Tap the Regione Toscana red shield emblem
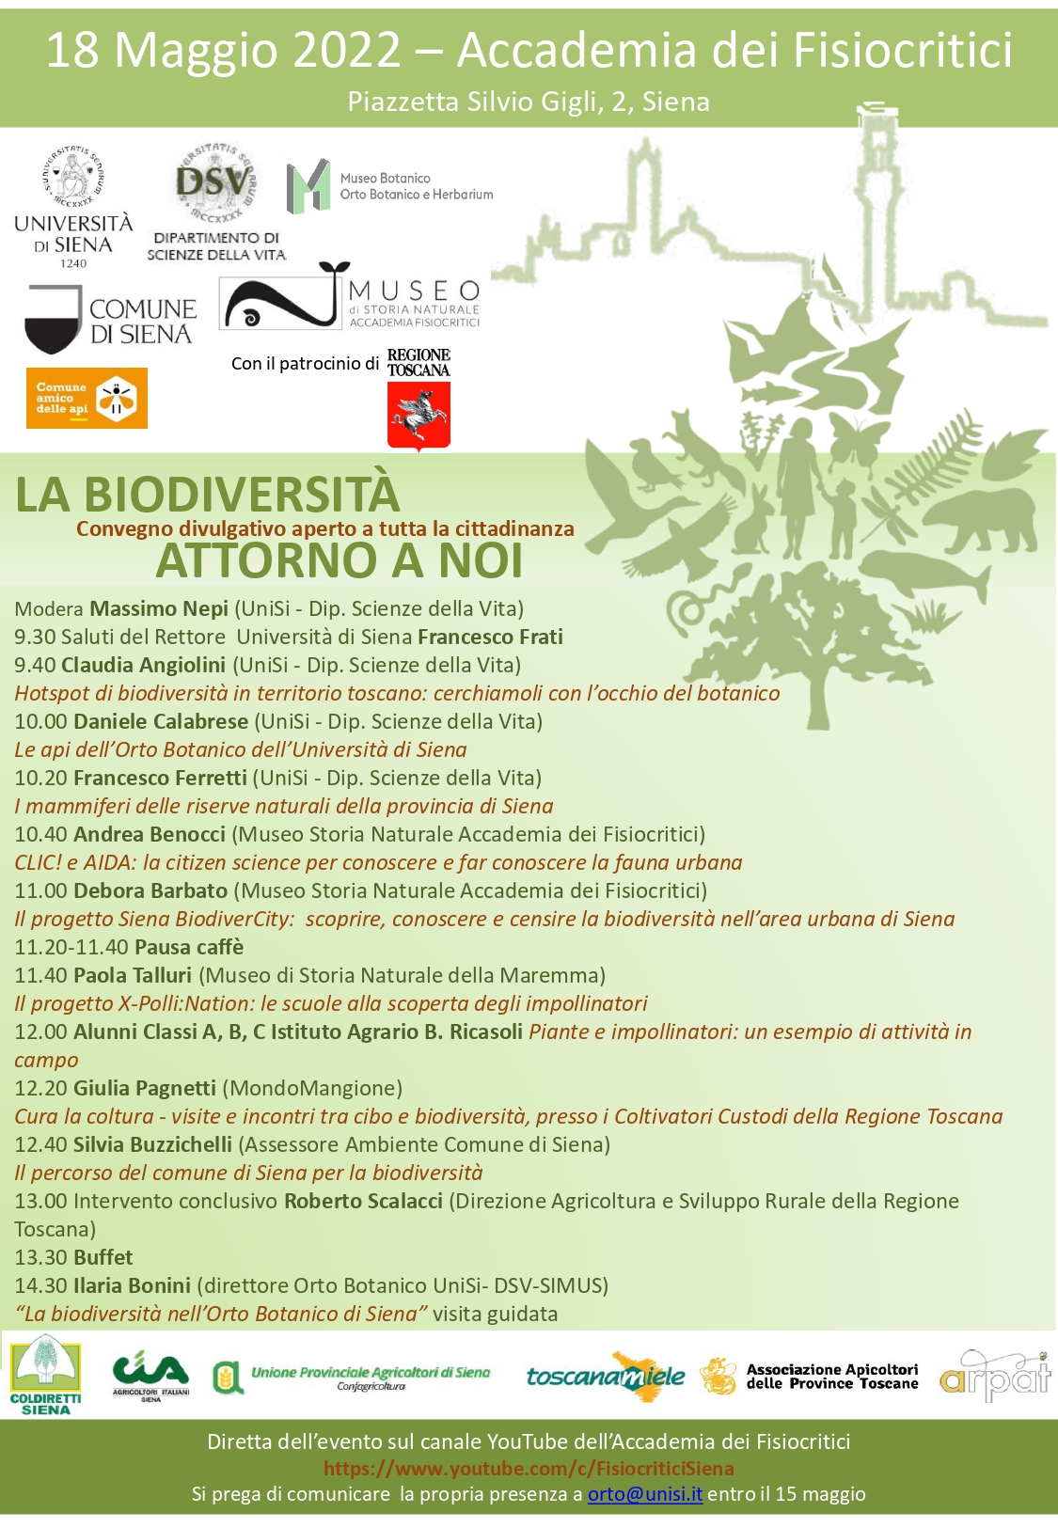click(418, 416)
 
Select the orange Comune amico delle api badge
click(87, 398)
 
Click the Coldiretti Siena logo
click(45, 1378)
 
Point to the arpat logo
click(994, 1377)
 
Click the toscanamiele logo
click(606, 1377)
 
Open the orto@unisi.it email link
click(644, 1494)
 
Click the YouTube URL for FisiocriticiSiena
click(529, 1469)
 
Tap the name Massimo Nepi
click(159, 608)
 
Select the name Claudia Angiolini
click(143, 665)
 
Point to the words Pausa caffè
click(189, 947)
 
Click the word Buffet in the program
click(103, 1257)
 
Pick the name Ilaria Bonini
click(132, 1285)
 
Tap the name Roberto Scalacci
click(363, 1201)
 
